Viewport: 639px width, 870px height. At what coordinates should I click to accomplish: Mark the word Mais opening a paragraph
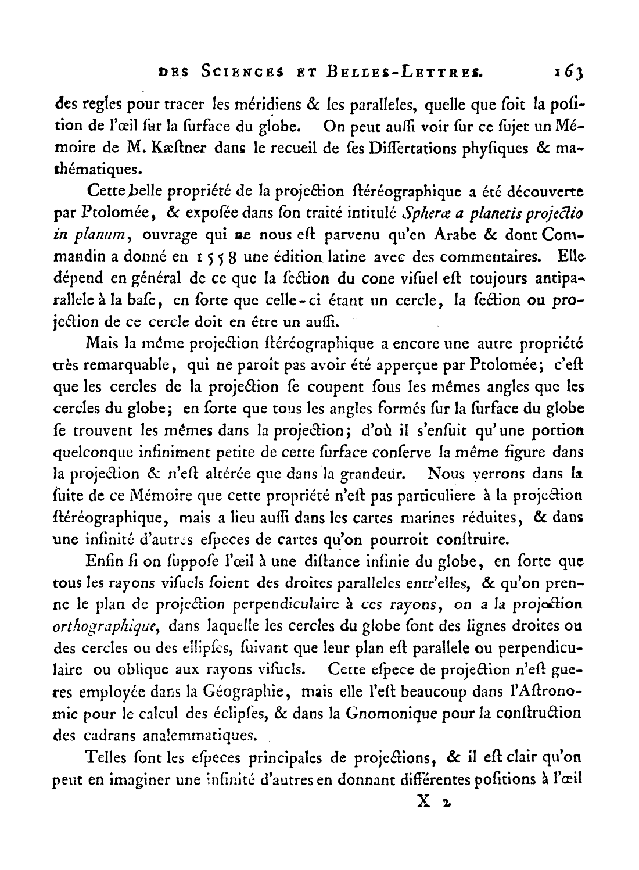point(102,345)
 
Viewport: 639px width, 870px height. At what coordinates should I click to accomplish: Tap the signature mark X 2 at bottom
point(433,803)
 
